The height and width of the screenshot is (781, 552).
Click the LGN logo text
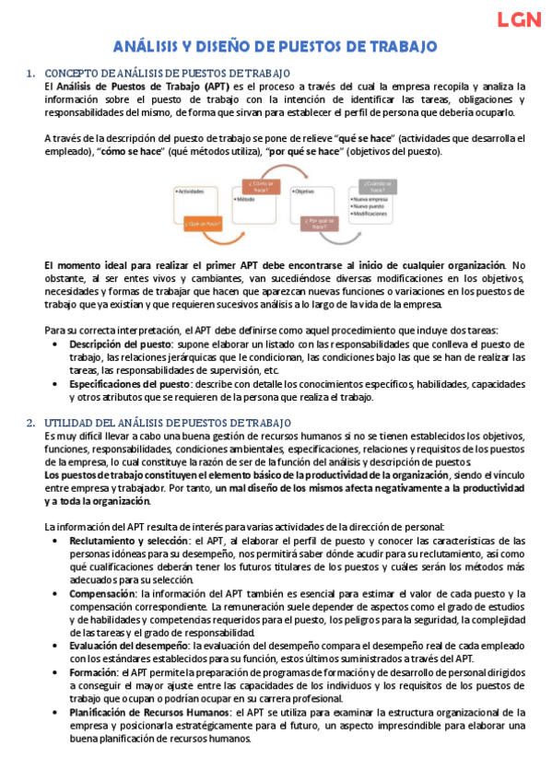pyautogui.click(x=518, y=19)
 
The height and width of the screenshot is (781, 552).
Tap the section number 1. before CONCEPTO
pyautogui.click(x=31, y=73)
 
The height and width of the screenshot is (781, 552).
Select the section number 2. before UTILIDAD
pyautogui.click(x=31, y=422)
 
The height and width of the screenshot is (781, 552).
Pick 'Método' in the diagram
pyautogui.click(x=246, y=200)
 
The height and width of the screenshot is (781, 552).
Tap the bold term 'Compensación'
pyautogui.click(x=100, y=594)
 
